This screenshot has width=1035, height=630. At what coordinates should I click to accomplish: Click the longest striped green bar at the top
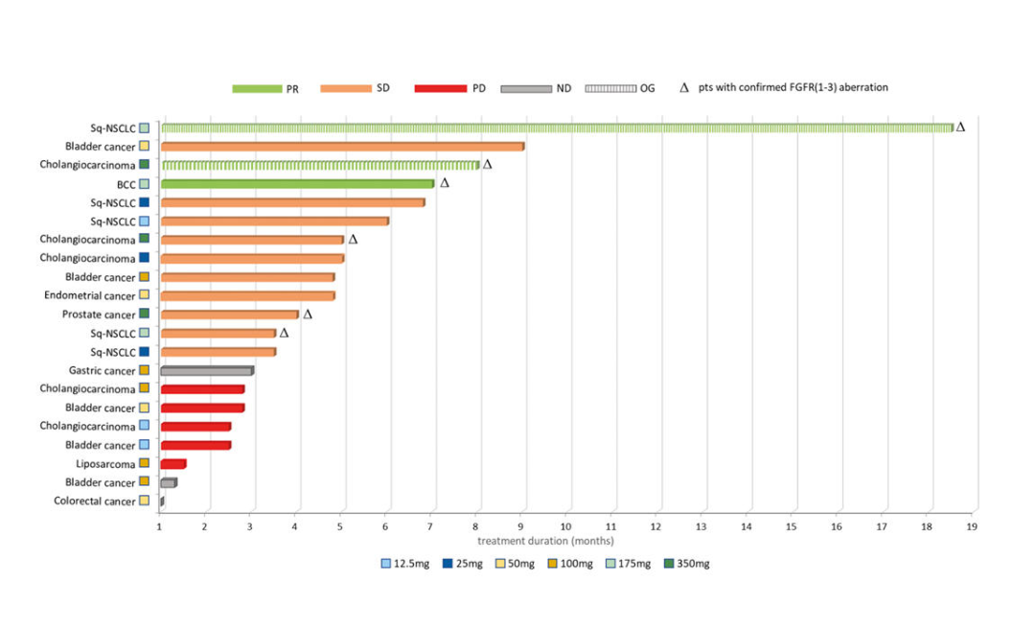tap(556, 128)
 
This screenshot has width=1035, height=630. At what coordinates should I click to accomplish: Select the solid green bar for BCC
tap(297, 184)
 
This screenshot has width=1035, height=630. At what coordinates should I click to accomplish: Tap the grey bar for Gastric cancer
tap(207, 371)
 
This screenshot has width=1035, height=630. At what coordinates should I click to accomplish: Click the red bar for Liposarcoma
tap(173, 464)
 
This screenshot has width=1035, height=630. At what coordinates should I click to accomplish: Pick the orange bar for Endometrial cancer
tap(247, 296)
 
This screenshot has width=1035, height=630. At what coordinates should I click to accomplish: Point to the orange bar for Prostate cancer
tap(230, 315)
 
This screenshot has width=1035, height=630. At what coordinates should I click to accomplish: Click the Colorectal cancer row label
tap(95, 502)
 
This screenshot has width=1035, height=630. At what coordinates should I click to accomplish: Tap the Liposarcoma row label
tap(105, 464)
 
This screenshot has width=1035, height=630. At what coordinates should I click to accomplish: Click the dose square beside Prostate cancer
tap(144, 315)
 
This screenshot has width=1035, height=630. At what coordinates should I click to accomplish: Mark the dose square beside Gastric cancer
tap(144, 371)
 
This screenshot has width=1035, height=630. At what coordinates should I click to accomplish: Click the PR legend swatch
tap(256, 88)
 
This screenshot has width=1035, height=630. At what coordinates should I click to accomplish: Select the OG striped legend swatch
tap(610, 88)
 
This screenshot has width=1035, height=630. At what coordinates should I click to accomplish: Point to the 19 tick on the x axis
tap(972, 526)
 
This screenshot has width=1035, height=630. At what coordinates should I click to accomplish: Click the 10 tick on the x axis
tap(565, 526)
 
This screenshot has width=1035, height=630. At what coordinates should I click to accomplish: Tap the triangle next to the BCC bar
tap(445, 183)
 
